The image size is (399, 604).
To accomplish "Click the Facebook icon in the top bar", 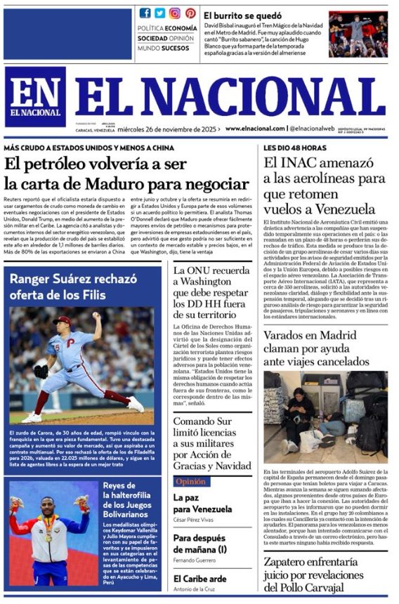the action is [x=145, y=13].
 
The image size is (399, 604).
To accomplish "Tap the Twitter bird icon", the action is [x=160, y=13].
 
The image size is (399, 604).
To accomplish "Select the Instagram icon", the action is [x=175, y=13].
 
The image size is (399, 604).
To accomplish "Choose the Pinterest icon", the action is [x=190, y=13].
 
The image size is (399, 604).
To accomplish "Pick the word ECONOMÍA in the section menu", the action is [x=181, y=28].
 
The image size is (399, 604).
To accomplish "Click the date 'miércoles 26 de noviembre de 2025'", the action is [x=181, y=129].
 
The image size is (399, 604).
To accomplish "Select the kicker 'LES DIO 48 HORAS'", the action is [x=295, y=148].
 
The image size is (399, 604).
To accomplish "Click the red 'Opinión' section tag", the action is [x=190, y=482].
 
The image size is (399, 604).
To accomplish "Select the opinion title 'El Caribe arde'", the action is [x=199, y=578].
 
